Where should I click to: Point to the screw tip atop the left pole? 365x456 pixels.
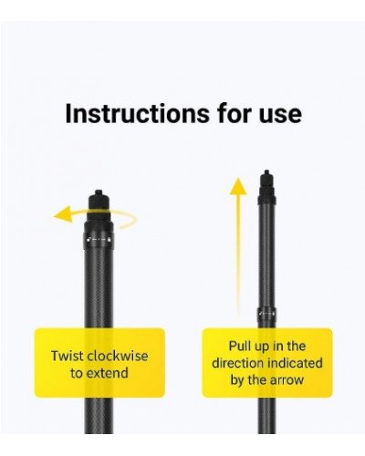point(98,194)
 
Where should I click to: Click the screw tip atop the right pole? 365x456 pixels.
point(266,172)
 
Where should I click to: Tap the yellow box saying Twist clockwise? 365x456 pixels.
point(99,362)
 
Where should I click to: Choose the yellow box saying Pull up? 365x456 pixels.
point(266,362)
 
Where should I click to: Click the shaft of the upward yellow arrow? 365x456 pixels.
point(238,264)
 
